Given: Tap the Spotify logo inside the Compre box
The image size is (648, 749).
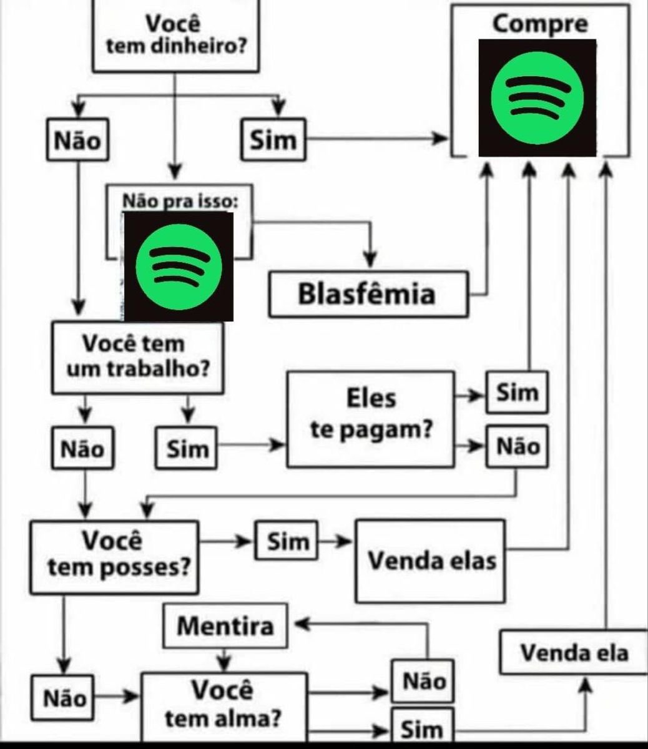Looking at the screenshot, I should (x=537, y=97).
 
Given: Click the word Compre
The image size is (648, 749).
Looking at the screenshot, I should (x=539, y=24).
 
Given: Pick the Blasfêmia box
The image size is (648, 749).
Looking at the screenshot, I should (x=368, y=294).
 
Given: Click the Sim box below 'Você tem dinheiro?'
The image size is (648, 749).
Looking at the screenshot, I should (x=273, y=139).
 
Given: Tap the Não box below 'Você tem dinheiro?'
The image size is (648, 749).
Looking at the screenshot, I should (x=77, y=139).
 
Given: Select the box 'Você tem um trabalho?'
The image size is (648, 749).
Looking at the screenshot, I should (x=137, y=357).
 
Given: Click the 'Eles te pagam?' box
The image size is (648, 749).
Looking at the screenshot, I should (x=371, y=419).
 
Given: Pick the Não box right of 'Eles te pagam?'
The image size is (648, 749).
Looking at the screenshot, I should (x=517, y=447).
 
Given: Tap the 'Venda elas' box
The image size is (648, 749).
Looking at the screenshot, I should (x=431, y=561).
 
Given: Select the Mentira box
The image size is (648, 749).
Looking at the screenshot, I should (x=225, y=625).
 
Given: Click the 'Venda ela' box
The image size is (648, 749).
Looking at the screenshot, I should (x=574, y=652).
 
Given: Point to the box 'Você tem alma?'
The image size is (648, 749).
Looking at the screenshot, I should (x=223, y=705).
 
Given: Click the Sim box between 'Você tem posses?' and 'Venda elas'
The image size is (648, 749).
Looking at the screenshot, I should (x=287, y=541).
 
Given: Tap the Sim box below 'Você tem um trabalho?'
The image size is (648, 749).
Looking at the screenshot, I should (x=187, y=448).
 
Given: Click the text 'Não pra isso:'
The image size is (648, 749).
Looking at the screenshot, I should (x=179, y=201).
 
